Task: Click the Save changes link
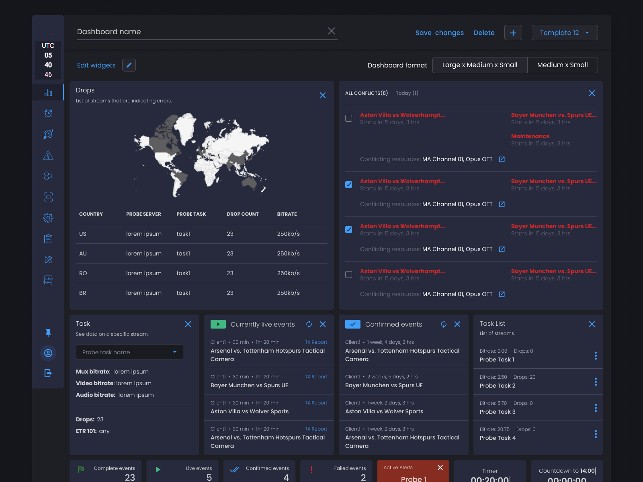point(439,33)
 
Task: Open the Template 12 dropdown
point(564,33)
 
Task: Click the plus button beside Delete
point(513,33)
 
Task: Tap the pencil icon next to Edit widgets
point(129,65)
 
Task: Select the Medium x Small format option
point(562,65)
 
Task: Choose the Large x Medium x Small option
point(479,65)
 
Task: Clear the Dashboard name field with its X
point(332,31)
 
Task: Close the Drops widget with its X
point(323,95)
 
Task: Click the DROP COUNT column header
point(242,214)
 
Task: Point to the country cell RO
point(83,273)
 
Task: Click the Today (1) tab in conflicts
point(407,93)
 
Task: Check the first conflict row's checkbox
point(349,118)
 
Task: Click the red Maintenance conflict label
point(530,136)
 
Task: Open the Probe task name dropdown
point(129,352)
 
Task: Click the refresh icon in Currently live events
point(309,324)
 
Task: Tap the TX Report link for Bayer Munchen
point(316,377)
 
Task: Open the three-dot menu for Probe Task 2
point(596,382)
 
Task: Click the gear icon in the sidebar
point(48,218)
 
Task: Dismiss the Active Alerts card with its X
point(440,468)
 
